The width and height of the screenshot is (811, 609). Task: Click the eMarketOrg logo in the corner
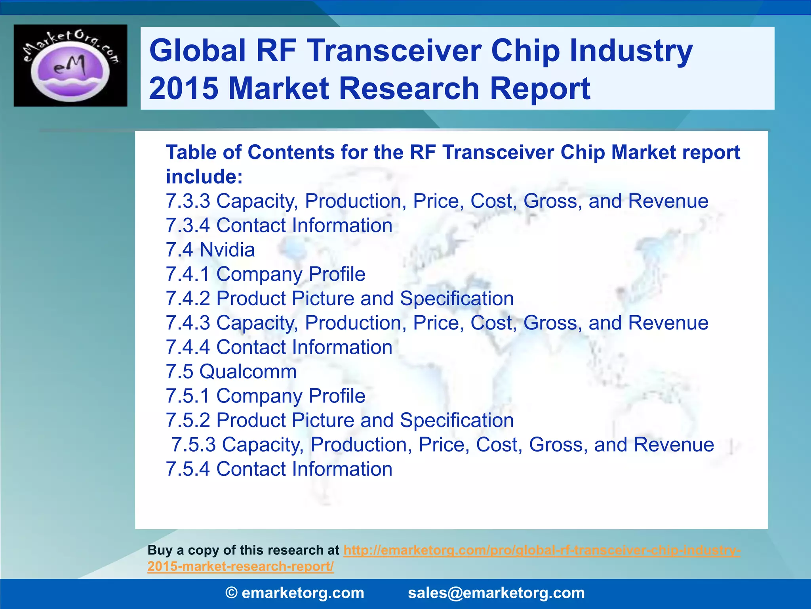coord(70,65)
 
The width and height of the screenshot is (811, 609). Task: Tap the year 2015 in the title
coord(183,88)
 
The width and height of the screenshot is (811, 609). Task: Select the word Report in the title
coord(540,88)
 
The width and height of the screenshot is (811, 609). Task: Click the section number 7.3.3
coord(188,201)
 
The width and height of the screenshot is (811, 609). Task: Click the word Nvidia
coord(227,250)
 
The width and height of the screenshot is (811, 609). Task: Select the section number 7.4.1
coord(188,274)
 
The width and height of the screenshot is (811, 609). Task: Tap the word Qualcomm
coord(248,372)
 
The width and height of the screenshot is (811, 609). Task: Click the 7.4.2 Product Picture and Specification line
coord(339,299)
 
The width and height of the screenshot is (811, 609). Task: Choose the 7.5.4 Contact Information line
coord(279,469)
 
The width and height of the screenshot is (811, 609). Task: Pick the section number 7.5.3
coord(193,445)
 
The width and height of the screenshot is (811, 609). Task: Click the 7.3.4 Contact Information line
coord(279,226)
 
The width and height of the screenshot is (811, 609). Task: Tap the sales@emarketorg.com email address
coord(496,593)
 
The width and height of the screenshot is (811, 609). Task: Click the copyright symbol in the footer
coord(231,593)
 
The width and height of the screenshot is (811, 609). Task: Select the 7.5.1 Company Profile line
coord(265,396)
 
